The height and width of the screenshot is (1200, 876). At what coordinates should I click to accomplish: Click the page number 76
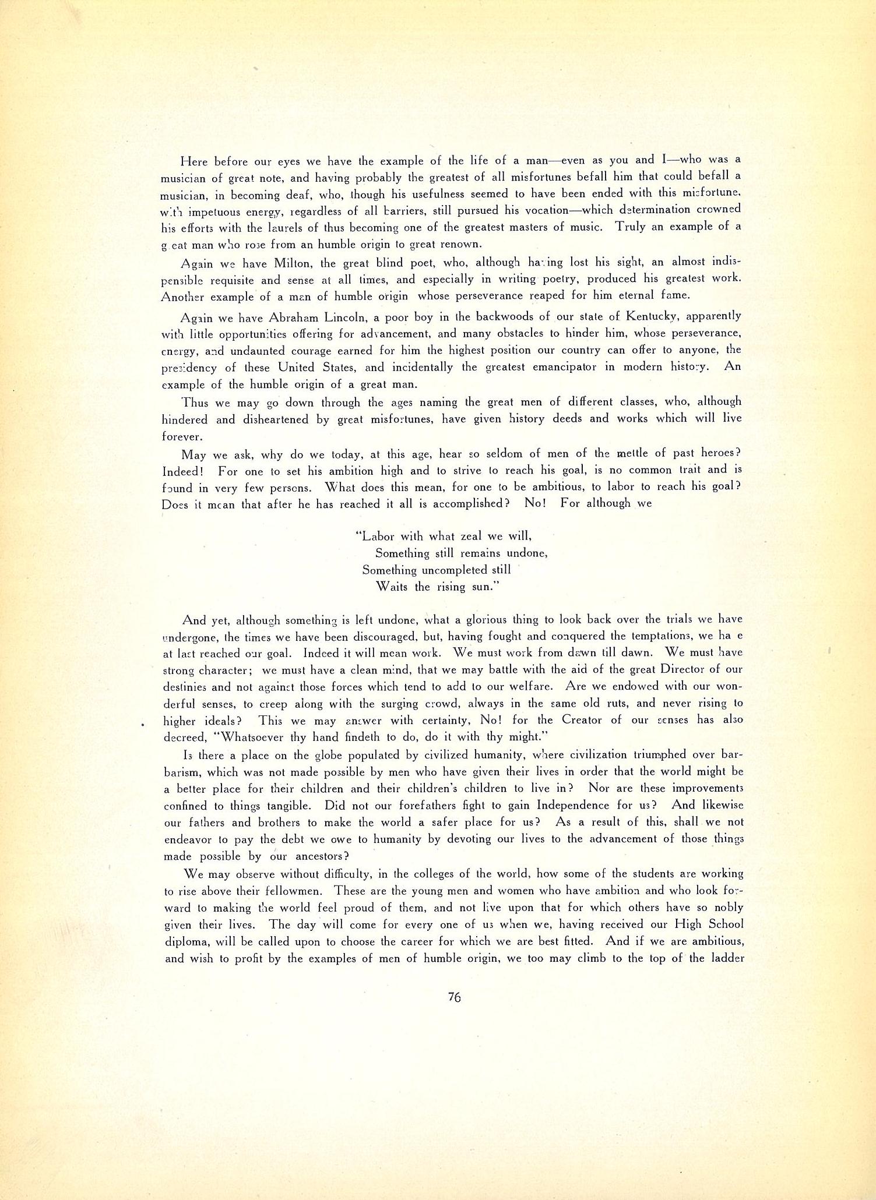[x=455, y=997]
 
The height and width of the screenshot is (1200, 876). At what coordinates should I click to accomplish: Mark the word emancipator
[x=560, y=368]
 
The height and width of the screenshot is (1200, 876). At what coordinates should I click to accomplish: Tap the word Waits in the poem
[x=393, y=587]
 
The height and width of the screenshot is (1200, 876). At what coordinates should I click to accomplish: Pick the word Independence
[x=583, y=806]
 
